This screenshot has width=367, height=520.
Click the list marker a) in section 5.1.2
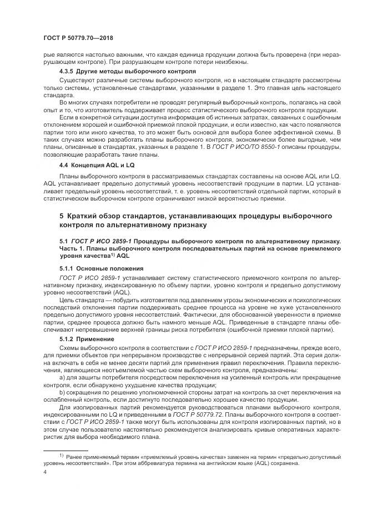click(62, 377)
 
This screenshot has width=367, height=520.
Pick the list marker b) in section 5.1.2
click(62, 392)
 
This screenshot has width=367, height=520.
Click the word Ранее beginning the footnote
click(75, 457)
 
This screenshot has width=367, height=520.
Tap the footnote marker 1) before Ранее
click(62, 456)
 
